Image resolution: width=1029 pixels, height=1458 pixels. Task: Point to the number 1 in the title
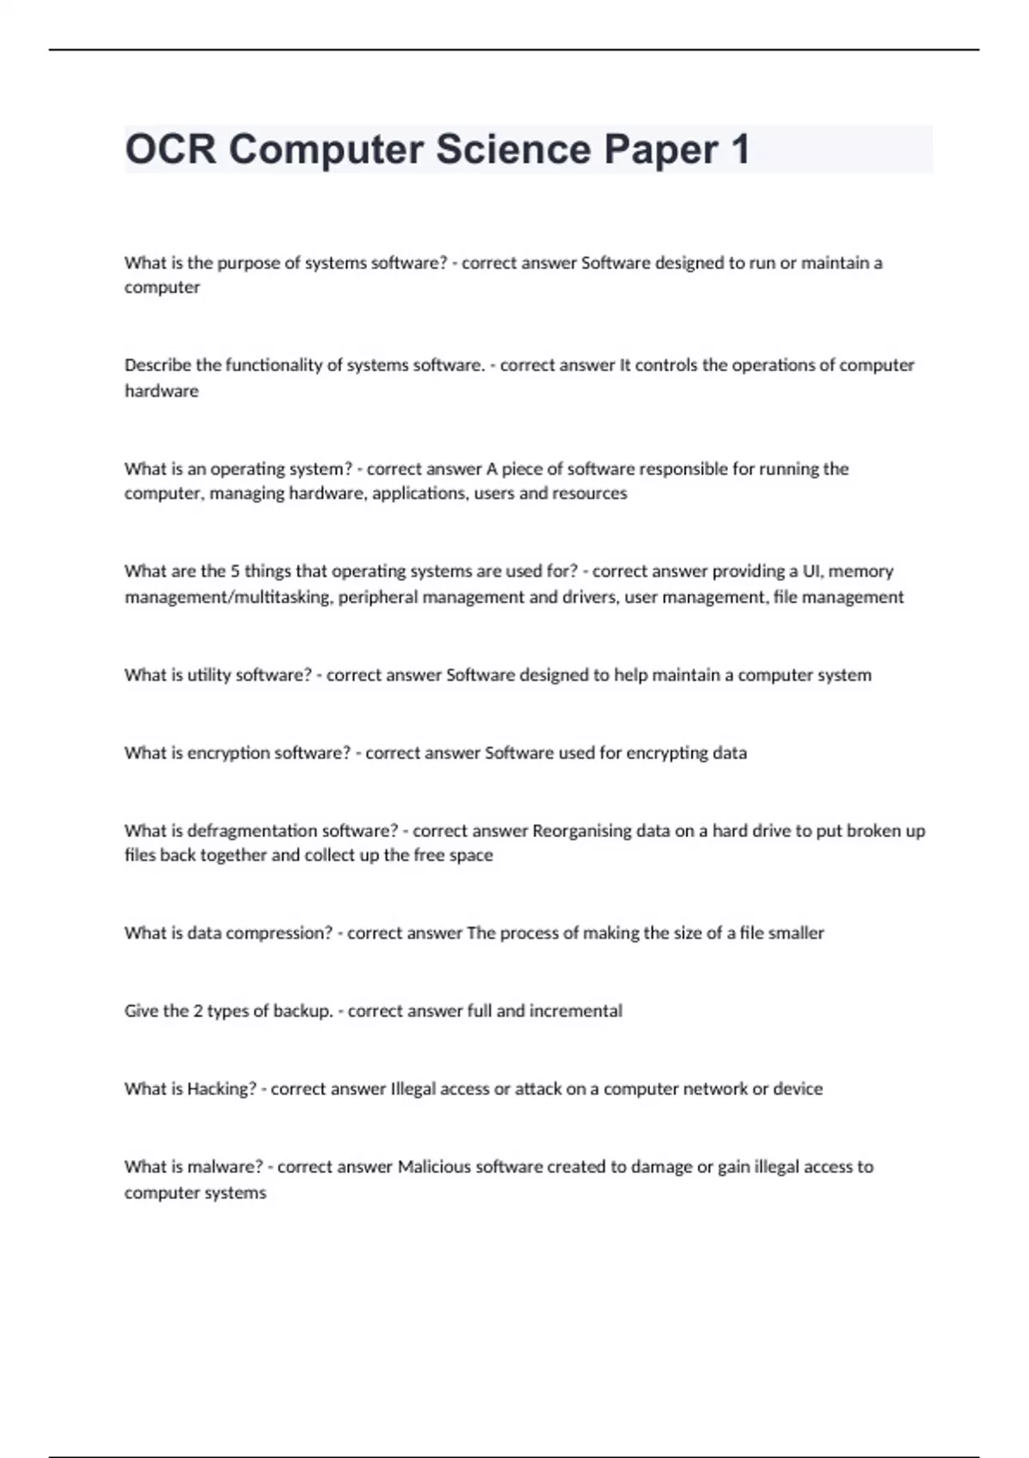(x=740, y=149)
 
